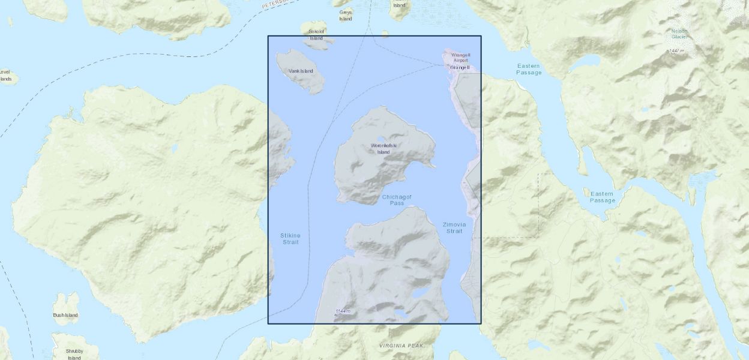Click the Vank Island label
(301, 71)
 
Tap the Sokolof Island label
(316, 34)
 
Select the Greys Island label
(346, 15)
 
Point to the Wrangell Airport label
(460, 57)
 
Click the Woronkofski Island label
(384, 149)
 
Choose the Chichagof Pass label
(397, 200)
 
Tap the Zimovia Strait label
(454, 227)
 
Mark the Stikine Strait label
(290, 238)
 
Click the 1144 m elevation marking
(343, 311)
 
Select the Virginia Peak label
(402, 346)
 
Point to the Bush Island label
(65, 315)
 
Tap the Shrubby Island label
(74, 354)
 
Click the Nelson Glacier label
(679, 34)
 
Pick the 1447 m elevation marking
(676, 51)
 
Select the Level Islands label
(5, 75)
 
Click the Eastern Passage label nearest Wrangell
(528, 69)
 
